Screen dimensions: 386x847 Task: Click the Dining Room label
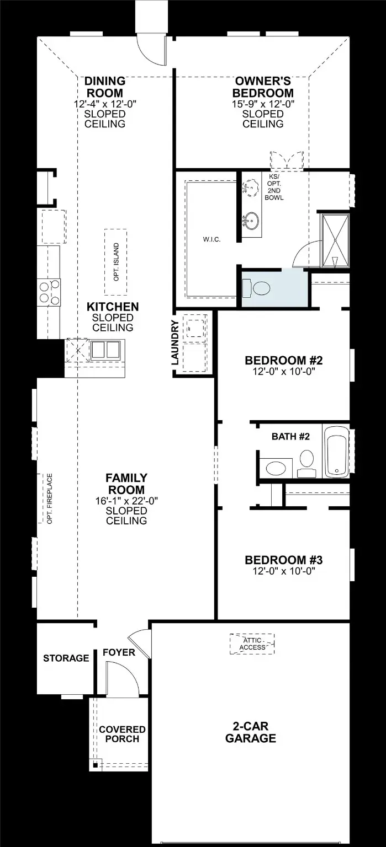tap(105, 87)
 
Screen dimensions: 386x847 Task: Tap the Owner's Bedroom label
tap(263, 87)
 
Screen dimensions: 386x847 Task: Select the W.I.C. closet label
tap(211, 239)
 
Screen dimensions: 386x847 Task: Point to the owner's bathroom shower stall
tap(335, 241)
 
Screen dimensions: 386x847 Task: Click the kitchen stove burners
tap(49, 292)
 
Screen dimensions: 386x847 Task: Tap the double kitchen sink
tap(105, 350)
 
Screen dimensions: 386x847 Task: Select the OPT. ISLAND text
tap(116, 262)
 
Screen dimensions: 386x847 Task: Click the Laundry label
tap(175, 342)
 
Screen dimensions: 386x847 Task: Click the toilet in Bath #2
tap(306, 464)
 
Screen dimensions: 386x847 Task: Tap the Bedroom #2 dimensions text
tap(284, 371)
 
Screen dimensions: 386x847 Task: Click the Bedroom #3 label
tap(283, 560)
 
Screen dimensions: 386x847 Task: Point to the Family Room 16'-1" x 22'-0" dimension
tap(126, 501)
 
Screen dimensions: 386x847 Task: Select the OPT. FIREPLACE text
tap(50, 498)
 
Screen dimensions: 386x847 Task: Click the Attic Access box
tap(252, 644)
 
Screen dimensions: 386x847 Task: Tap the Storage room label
tap(66, 658)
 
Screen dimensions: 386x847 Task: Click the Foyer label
tap(119, 652)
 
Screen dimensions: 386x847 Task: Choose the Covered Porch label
tap(122, 734)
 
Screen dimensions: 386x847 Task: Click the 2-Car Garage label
tap(251, 732)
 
